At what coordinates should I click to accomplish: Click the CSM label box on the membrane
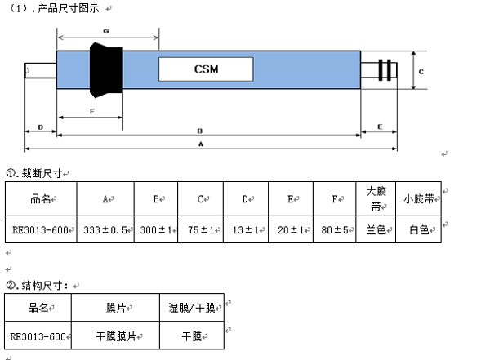(206, 69)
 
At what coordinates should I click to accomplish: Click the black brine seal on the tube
(106, 70)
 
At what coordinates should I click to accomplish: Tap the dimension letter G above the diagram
(106, 31)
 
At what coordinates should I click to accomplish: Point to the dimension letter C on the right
(421, 72)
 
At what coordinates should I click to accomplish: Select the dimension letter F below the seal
(91, 111)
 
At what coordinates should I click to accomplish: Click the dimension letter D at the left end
(41, 127)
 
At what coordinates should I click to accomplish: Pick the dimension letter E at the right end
(380, 127)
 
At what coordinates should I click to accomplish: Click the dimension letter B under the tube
(200, 131)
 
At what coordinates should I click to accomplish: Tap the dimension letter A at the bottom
(201, 144)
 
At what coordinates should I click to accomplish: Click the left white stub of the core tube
(41, 70)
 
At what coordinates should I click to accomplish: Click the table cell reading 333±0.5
(105, 230)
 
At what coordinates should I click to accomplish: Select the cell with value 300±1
(156, 230)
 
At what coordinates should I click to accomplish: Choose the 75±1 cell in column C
(201, 230)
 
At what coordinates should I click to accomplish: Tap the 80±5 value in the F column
(335, 230)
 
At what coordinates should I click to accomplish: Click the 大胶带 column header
(376, 198)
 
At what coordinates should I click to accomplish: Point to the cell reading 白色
(419, 230)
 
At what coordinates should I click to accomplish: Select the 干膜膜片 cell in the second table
(116, 336)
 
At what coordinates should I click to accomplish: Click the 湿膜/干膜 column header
(192, 308)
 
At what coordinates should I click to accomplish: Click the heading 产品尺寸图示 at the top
(69, 8)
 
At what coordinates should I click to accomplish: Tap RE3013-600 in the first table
(40, 230)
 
